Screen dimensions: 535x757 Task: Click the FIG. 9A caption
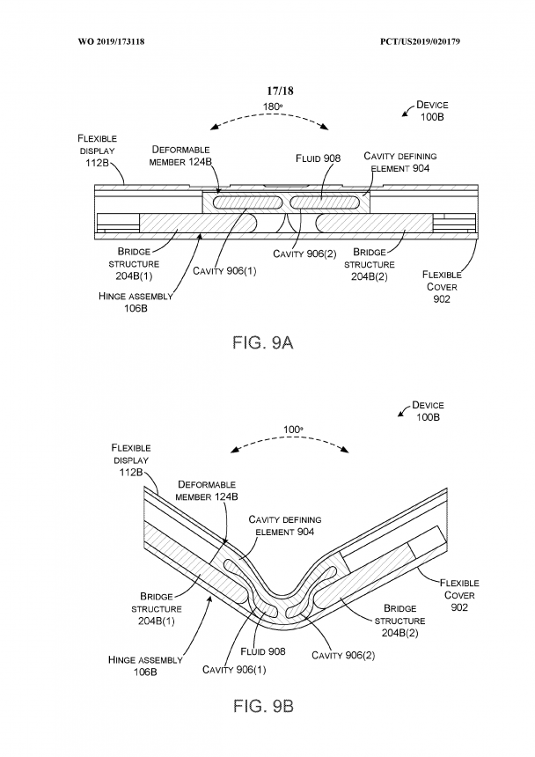(x=263, y=342)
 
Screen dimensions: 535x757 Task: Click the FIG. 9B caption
(x=263, y=706)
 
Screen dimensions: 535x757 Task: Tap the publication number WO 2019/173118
(x=111, y=41)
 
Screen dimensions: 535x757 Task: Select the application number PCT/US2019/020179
(x=420, y=41)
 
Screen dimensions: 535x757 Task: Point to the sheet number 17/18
(x=281, y=91)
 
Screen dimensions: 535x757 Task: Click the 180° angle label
(x=273, y=107)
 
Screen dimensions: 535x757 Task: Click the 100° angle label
(x=293, y=430)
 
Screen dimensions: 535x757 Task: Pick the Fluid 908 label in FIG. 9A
(x=318, y=158)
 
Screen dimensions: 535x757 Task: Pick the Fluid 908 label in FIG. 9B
(x=263, y=651)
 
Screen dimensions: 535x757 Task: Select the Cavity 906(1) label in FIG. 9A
(x=224, y=271)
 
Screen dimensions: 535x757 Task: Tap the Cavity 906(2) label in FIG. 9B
(x=343, y=655)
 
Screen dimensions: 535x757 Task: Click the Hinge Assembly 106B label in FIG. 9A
(x=136, y=302)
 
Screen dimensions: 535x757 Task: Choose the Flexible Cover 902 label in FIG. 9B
(x=459, y=595)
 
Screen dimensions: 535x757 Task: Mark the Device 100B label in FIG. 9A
(x=432, y=111)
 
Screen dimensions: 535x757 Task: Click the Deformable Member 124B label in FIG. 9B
(x=207, y=490)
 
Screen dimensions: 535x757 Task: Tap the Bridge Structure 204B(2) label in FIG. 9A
(x=370, y=264)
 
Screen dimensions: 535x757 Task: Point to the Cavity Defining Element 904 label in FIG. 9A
(x=399, y=162)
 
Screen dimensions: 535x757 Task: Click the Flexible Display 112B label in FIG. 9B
(x=131, y=459)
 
